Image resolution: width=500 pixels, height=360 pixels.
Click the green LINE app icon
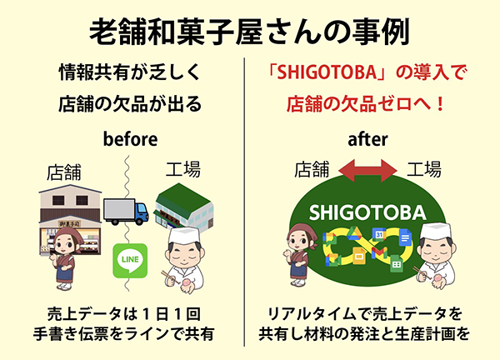[x=130, y=261]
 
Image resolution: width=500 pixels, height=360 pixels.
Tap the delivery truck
[x=126, y=212]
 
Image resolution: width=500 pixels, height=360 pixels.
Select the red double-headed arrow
[x=367, y=171]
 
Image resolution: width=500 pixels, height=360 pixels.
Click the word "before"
[x=131, y=139]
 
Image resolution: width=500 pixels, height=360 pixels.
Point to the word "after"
[x=367, y=139]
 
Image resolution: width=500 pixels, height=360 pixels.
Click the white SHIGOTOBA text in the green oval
[x=367, y=212]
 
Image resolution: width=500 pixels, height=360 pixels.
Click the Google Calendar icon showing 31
[x=379, y=235]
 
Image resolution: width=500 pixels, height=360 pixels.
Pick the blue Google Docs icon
[x=405, y=237]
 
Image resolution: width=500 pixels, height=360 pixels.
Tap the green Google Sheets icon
[x=397, y=263]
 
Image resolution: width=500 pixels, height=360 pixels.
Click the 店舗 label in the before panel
[x=64, y=172]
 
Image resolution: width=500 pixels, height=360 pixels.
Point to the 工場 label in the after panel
[x=424, y=169]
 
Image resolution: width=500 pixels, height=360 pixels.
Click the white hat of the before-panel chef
[x=184, y=235]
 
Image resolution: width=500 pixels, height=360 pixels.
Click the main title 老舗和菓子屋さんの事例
[x=250, y=33]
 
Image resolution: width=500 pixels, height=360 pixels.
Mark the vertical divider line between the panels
[x=244, y=202]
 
